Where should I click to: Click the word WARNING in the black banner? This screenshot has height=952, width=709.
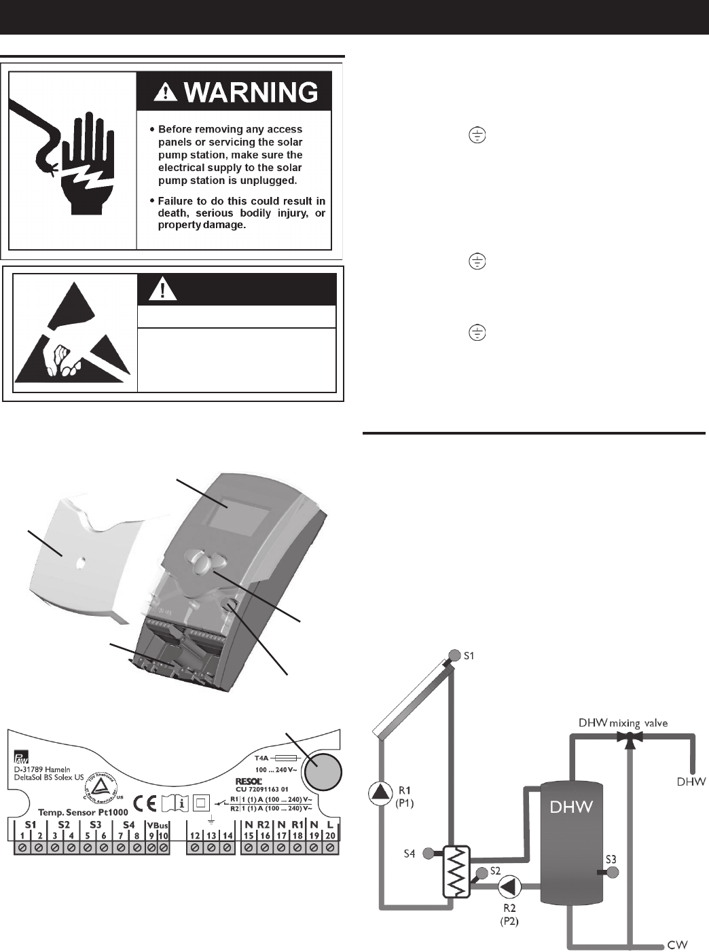251,92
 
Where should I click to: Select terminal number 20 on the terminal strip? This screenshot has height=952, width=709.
330,835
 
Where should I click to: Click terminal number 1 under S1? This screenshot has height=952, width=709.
23,835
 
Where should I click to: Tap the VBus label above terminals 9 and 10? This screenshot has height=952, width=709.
158,825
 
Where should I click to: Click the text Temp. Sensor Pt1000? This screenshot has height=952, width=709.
84,812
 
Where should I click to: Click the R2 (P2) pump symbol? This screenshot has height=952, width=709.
510,886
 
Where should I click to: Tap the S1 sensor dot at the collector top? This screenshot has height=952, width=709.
453,656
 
